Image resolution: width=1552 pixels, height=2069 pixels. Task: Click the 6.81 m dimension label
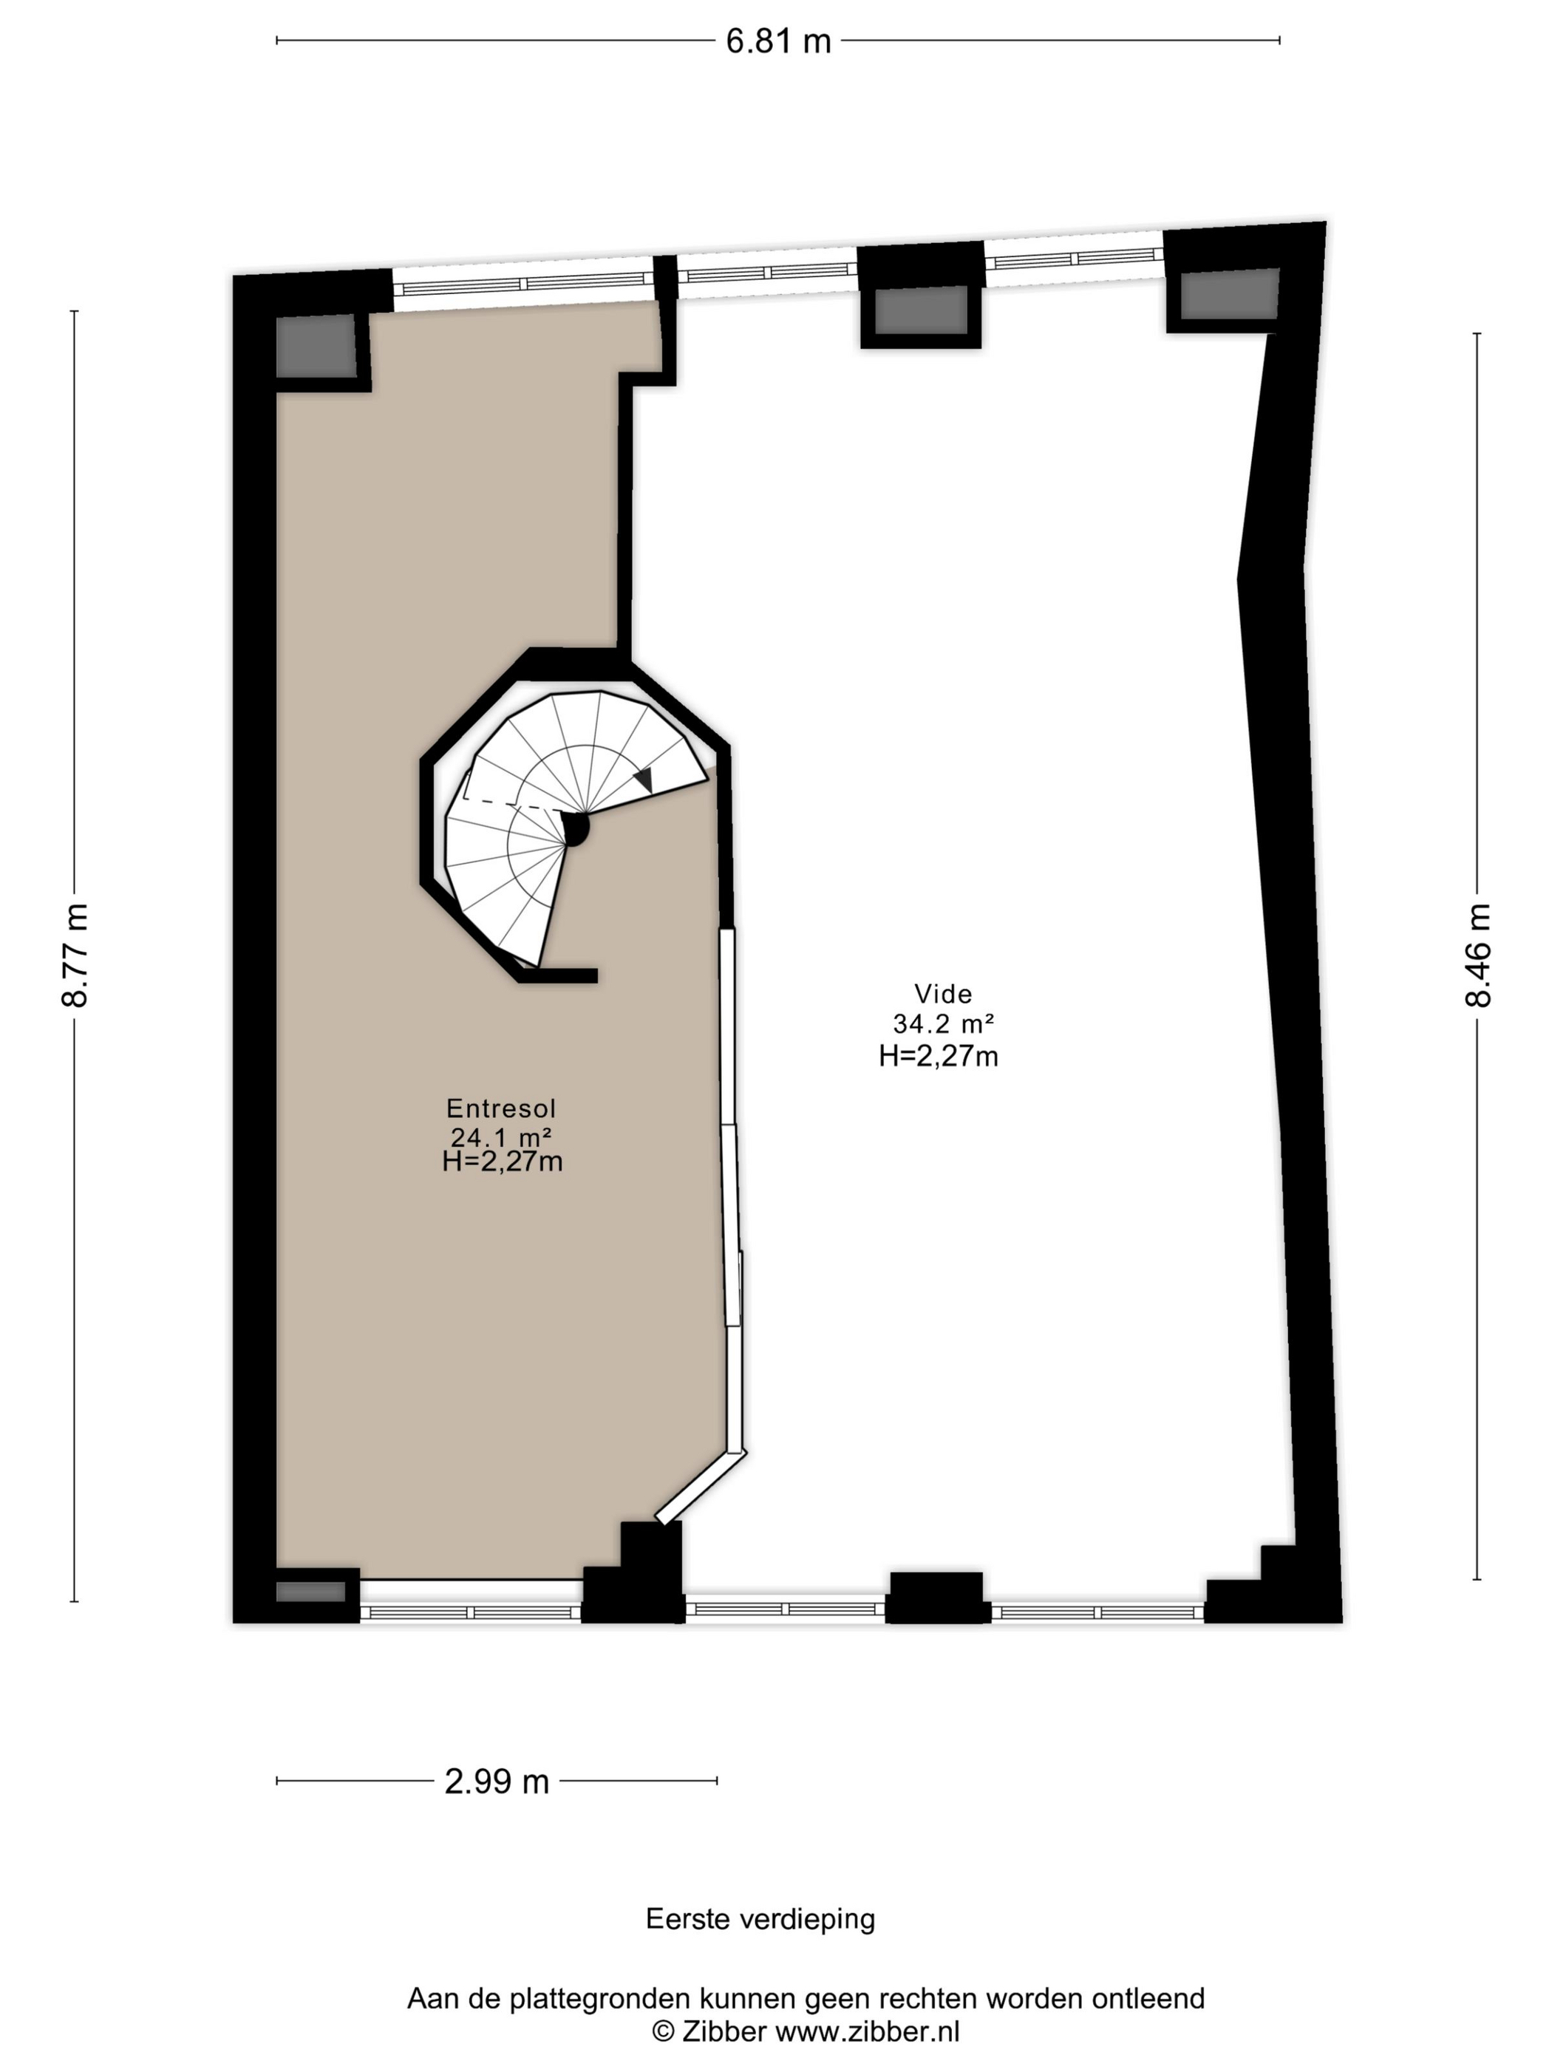[x=778, y=42]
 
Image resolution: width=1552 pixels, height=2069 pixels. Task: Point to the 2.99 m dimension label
[x=497, y=1782]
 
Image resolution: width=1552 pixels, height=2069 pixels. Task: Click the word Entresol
[x=501, y=1108]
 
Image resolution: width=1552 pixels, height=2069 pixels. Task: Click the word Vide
[x=943, y=993]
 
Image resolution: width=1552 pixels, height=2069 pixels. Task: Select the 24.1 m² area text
[x=501, y=1137]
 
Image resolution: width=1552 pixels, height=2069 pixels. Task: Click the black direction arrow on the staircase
[x=644, y=779]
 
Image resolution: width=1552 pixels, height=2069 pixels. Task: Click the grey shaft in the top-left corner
[x=316, y=346]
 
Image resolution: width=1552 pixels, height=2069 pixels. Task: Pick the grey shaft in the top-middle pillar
[x=921, y=310]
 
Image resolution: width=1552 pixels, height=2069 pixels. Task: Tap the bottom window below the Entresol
[x=471, y=1612]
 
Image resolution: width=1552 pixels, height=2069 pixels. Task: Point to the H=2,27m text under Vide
[x=939, y=1056]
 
